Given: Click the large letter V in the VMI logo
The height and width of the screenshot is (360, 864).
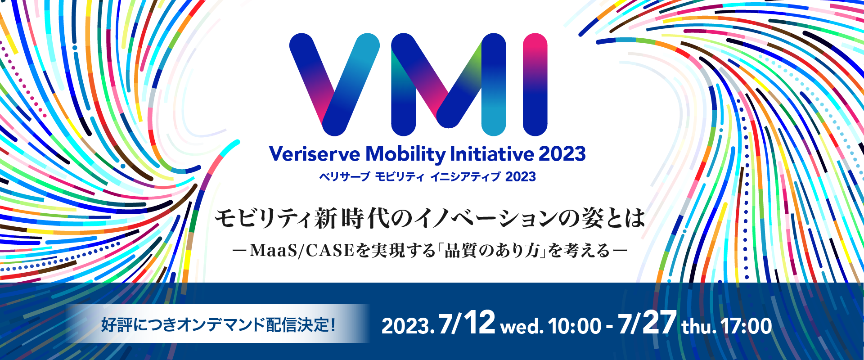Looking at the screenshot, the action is click(x=334, y=84).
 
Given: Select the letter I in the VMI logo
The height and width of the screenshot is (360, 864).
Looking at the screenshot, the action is click(x=535, y=84).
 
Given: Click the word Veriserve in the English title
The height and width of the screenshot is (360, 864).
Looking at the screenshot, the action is click(x=315, y=154).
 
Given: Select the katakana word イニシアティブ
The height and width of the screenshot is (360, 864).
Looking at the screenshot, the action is click(x=465, y=177).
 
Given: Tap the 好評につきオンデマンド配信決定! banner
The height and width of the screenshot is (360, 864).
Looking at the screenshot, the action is click(x=219, y=324).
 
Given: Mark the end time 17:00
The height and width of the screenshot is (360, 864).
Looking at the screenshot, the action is click(x=747, y=326).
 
